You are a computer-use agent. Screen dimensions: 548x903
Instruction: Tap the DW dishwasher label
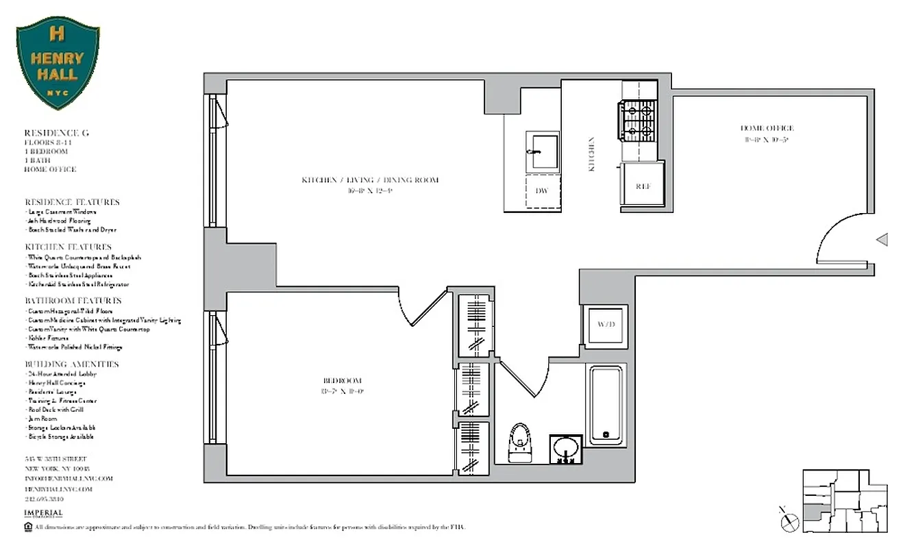541,190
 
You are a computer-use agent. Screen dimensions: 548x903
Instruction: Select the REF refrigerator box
643,184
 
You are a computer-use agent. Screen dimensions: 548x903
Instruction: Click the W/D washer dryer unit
604,324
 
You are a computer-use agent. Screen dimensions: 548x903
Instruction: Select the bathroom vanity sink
566,450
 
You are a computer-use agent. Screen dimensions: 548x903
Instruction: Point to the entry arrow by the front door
882,240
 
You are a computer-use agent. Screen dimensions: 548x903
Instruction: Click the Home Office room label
767,128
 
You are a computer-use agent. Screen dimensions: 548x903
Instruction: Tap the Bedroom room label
342,381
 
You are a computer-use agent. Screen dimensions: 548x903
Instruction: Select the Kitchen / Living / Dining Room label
370,180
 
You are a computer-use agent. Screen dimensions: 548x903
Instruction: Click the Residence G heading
57,133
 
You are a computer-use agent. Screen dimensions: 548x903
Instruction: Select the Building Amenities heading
72,364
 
